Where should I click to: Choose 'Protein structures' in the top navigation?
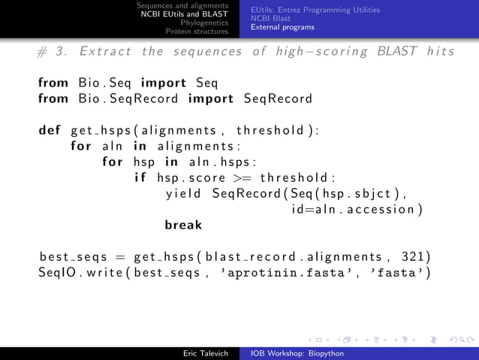[x=198, y=32]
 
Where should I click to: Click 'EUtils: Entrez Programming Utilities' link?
[x=315, y=9]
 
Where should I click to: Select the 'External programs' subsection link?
[x=283, y=27]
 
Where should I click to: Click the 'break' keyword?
[x=183, y=225]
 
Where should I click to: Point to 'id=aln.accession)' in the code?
[x=357, y=209]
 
